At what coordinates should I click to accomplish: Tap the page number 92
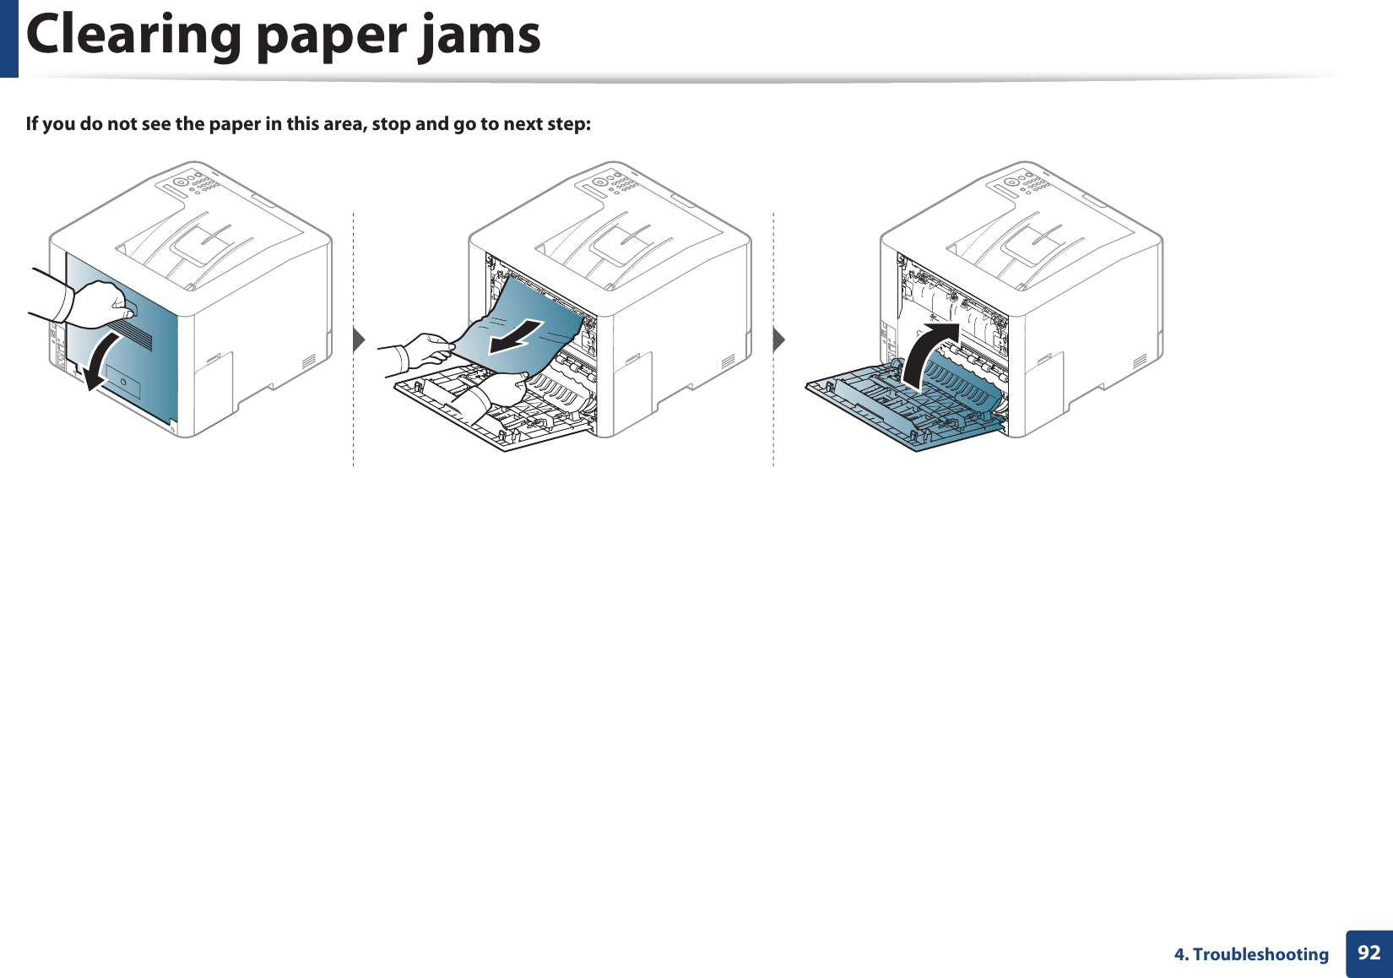[1369, 954]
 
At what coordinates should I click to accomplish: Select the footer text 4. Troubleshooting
[1251, 954]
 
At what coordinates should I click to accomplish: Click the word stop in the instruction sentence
[391, 124]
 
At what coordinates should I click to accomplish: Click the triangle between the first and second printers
[359, 340]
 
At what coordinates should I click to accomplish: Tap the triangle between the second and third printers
[778, 340]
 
